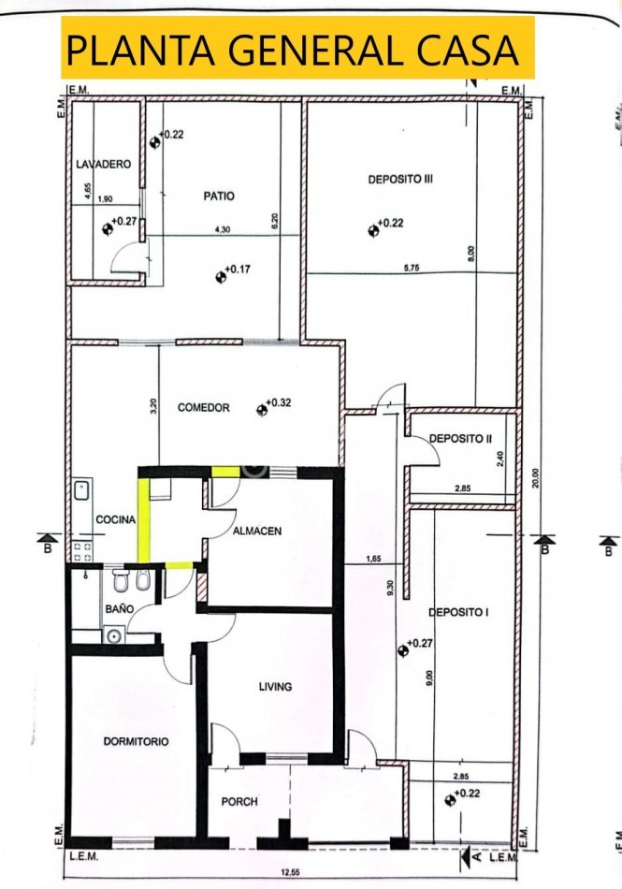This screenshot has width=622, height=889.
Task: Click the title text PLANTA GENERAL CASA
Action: click(x=291, y=48)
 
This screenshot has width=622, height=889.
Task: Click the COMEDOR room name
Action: click(x=203, y=408)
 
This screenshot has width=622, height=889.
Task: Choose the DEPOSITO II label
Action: click(x=460, y=438)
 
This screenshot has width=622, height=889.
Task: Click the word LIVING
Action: click(x=275, y=687)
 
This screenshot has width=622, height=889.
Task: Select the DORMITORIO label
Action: click(x=136, y=740)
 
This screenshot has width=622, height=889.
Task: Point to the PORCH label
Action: click(x=239, y=802)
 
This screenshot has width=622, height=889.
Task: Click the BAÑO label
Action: click(x=120, y=608)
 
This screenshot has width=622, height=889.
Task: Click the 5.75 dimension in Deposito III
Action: click(x=412, y=268)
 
